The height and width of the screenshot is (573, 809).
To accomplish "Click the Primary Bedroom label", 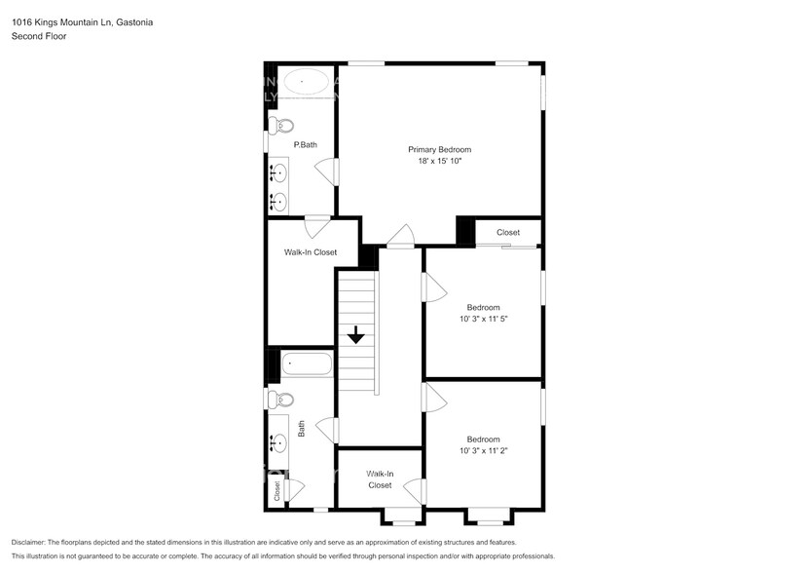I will point(439,149).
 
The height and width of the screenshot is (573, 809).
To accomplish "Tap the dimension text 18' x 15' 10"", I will point(439,161).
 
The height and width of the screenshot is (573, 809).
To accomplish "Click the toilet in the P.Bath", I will point(282,125).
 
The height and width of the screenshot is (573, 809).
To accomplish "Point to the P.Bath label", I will point(306,145).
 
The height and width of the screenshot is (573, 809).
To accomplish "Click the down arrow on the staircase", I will point(356,335).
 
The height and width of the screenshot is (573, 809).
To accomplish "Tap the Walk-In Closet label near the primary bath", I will point(311,252).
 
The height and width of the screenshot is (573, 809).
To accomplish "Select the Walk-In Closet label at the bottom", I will point(380,478).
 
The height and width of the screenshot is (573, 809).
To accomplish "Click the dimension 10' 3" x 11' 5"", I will point(484,319).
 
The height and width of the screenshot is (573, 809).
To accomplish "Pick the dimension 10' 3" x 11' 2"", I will point(484,450).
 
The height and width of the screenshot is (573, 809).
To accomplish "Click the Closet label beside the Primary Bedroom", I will point(508,233).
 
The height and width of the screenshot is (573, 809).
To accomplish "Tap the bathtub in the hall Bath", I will point(307,365).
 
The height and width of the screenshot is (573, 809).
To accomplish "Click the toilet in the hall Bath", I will point(282,399).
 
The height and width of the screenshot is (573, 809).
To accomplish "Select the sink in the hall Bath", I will point(279,442).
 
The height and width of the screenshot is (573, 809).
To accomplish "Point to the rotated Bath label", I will point(302,428).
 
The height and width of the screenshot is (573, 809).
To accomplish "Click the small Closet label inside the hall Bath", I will point(276,492).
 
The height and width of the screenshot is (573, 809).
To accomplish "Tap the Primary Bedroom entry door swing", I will point(400,236).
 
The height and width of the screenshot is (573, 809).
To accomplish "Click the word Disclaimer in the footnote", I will point(28,542).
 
